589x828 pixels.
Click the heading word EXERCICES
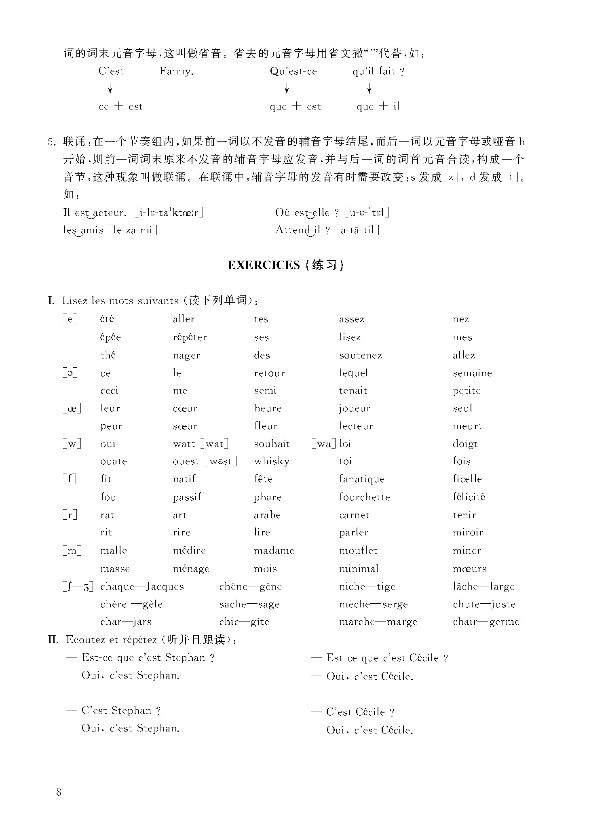(x=263, y=265)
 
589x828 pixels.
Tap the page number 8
(x=59, y=792)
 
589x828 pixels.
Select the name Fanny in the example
(x=176, y=72)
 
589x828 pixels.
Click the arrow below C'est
(x=110, y=88)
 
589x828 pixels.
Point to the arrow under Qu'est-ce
(x=287, y=88)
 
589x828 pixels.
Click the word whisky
(x=272, y=461)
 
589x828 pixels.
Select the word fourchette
(x=364, y=497)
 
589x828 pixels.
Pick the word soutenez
(x=360, y=356)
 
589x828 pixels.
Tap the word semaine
(x=472, y=373)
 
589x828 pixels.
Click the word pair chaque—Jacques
(x=142, y=586)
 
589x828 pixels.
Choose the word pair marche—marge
(x=378, y=622)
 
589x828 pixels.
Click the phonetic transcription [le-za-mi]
(x=133, y=230)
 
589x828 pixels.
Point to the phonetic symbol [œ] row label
(x=72, y=409)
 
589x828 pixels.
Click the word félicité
(x=469, y=497)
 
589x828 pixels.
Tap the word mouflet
(x=358, y=550)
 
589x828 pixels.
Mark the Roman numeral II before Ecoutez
(x=53, y=640)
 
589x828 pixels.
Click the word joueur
(x=355, y=409)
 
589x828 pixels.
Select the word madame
(x=274, y=550)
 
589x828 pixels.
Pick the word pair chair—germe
(x=486, y=622)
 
